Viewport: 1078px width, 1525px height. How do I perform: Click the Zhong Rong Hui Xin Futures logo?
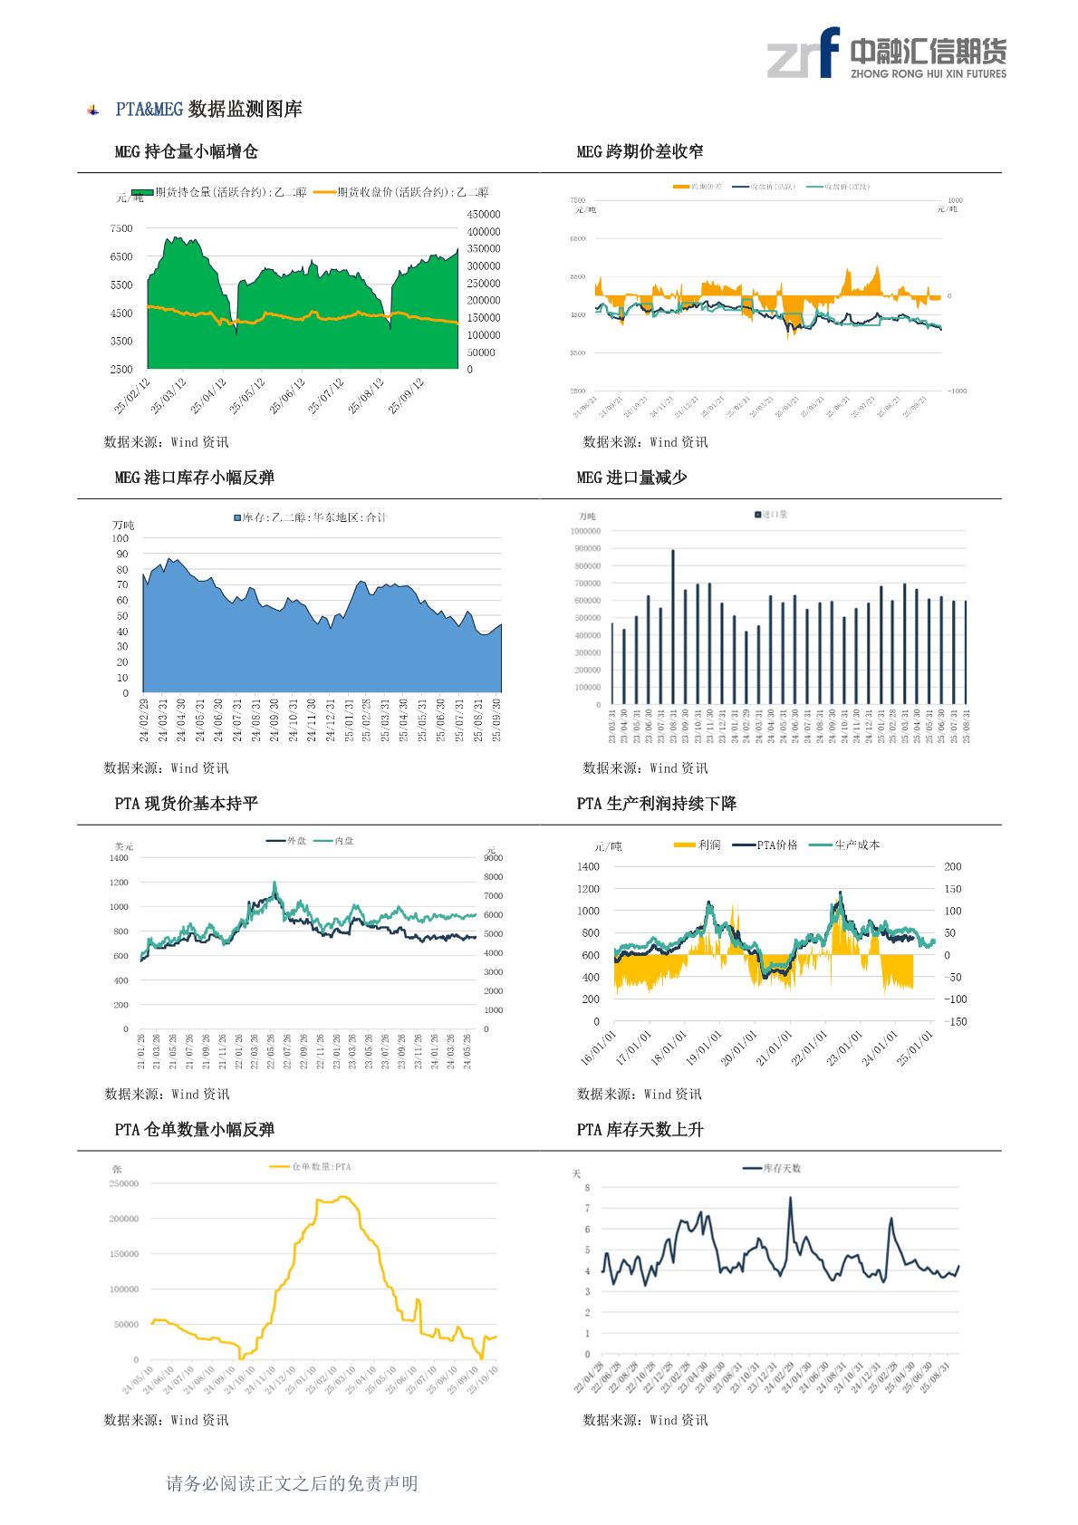coord(886,53)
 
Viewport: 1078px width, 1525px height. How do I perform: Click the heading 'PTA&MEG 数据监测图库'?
coord(208,110)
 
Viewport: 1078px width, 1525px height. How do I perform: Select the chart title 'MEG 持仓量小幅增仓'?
coord(186,151)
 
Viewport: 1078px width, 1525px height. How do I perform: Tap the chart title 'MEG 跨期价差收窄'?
coord(640,151)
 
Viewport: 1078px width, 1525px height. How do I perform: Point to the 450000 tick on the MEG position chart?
coord(484,215)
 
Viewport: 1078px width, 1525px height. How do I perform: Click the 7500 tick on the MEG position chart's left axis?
coord(120,228)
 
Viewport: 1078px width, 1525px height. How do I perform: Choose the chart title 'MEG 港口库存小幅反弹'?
coord(194,478)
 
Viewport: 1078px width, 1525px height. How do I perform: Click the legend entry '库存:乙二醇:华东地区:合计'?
coord(313,517)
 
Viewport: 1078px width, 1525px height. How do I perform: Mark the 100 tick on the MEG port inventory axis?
coord(120,538)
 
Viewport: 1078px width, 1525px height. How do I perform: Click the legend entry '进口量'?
coord(774,515)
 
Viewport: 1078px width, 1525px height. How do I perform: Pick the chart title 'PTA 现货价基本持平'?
coord(186,804)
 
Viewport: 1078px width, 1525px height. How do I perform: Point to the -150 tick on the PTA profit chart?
coord(955,1021)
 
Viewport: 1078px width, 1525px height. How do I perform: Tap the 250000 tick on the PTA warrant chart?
coord(124,1183)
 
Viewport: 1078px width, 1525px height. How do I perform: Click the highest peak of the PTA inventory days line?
coord(790,1198)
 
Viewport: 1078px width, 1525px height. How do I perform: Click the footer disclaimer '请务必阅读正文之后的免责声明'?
coord(292,1483)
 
